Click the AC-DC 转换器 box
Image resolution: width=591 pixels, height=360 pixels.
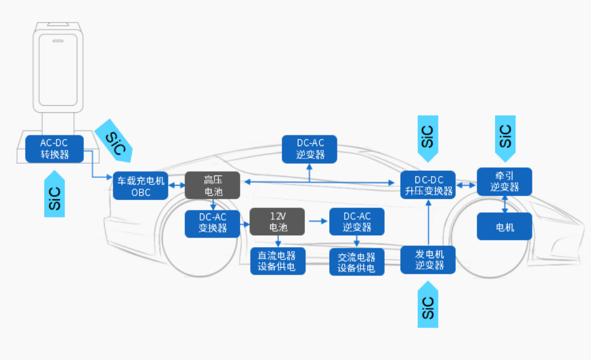(x=54, y=149)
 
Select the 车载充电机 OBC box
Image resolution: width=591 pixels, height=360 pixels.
(x=141, y=186)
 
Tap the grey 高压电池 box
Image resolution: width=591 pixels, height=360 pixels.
(x=212, y=186)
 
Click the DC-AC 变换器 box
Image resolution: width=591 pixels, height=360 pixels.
(x=212, y=223)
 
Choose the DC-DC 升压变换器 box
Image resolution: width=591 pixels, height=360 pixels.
(x=428, y=186)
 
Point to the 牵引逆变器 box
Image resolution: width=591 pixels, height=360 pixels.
(x=504, y=181)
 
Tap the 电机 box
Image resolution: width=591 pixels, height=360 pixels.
(x=504, y=226)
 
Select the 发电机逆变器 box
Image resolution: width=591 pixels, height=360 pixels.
(x=428, y=260)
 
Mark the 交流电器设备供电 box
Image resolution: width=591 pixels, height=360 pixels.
(x=356, y=262)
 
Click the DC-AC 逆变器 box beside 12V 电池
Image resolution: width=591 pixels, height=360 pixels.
(x=356, y=222)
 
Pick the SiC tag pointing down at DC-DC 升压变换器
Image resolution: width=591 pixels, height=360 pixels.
(x=428, y=137)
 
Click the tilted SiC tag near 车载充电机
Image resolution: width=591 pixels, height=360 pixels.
(x=115, y=140)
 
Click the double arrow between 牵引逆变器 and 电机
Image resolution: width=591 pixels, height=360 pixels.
(x=504, y=204)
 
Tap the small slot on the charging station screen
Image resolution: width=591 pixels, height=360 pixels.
(x=59, y=42)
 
